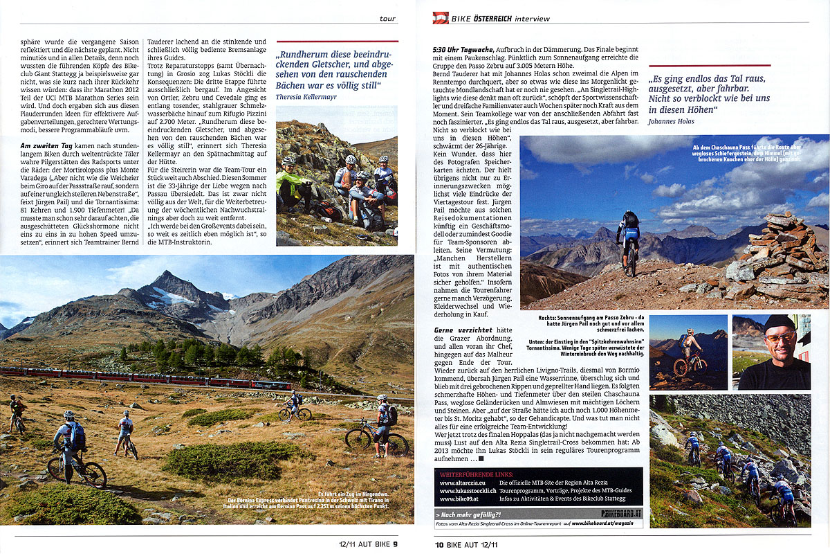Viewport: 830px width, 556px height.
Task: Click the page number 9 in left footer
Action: (395, 544)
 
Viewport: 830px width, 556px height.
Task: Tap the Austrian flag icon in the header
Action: (441, 17)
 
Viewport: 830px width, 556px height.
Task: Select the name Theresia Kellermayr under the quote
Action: (306, 97)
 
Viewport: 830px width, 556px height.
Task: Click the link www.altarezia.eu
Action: (463, 481)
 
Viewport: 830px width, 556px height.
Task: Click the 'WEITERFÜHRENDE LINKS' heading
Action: (471, 473)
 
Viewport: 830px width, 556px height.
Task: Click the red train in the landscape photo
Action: (138, 379)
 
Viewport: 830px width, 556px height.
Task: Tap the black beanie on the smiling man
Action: (779, 323)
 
